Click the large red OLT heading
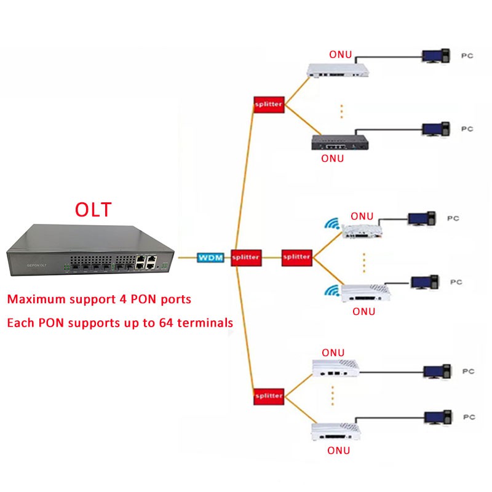93,209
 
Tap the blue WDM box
210,257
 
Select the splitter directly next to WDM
246,257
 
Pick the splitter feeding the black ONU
268,105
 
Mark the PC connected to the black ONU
434,130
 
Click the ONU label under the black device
333,158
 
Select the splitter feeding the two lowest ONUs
268,395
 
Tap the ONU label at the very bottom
338,451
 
